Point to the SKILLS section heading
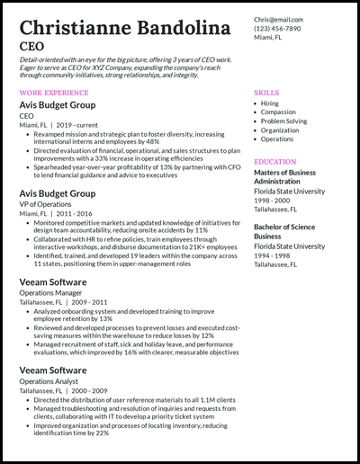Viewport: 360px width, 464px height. tap(266, 93)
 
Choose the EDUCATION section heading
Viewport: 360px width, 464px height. tap(277, 162)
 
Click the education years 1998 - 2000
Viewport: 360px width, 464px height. tap(274, 201)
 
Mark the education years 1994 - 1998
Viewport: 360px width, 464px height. tap(274, 255)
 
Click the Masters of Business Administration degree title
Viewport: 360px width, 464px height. tap(285, 177)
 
